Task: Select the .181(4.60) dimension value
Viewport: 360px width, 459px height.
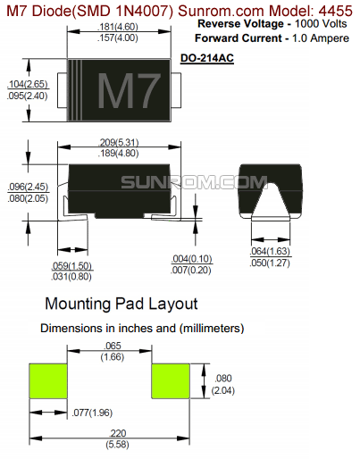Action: coord(117,28)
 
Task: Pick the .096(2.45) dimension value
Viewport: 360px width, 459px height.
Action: coord(26,186)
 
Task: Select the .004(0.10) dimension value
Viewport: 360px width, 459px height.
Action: coord(190,258)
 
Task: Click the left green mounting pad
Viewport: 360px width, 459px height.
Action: coord(48,382)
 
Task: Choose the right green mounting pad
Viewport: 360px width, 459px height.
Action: coord(171,382)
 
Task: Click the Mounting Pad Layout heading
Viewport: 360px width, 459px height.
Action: coord(121,304)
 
